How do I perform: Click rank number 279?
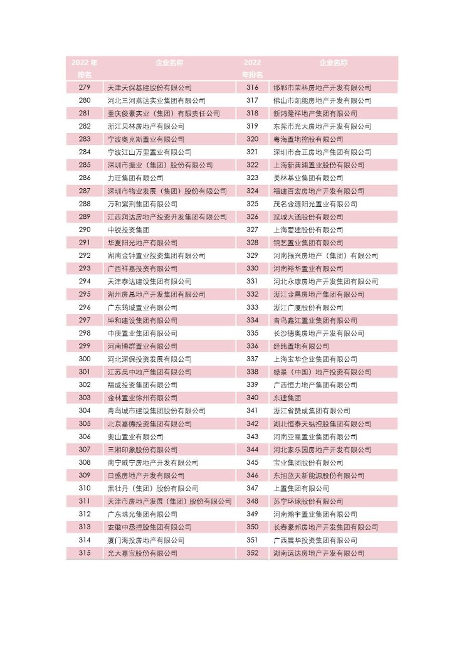pos(85,88)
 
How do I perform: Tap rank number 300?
pos(85,359)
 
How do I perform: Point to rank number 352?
pos(252,553)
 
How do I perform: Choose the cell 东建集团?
pos(287,398)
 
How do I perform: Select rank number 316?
pos(252,88)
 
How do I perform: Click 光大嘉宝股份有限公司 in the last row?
pos(142,553)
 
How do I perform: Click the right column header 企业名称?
pos(334,63)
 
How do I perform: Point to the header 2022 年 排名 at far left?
pos(85,68)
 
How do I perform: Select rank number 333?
pos(252,307)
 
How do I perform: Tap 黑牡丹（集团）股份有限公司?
pos(153,489)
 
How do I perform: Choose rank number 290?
pos(85,230)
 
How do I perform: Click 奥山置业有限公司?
pos(135,437)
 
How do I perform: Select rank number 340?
pos(252,398)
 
